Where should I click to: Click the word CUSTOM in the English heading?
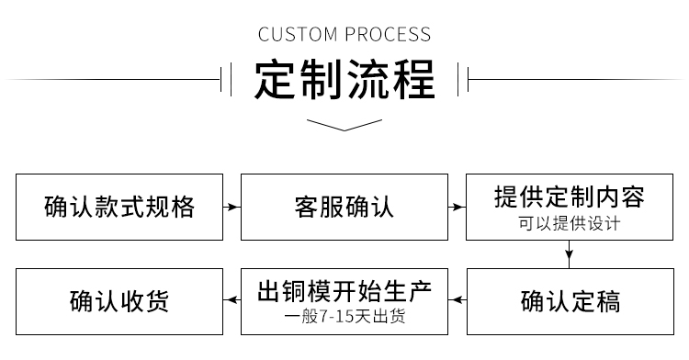click(299, 36)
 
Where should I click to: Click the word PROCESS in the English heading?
click(387, 36)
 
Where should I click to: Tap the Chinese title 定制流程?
click(344, 81)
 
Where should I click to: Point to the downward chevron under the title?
click(344, 125)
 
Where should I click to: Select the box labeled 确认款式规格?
click(119, 207)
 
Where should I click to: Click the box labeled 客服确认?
click(344, 207)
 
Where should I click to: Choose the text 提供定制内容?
click(569, 197)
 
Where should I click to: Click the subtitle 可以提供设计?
click(569, 224)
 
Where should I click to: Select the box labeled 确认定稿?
click(569, 300)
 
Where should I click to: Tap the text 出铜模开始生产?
click(344, 292)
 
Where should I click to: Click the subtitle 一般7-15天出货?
click(344, 319)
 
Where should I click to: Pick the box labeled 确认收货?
click(119, 300)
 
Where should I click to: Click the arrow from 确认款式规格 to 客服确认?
click(232, 208)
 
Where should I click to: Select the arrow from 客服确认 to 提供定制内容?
click(457, 208)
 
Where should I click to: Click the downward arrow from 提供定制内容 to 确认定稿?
click(569, 254)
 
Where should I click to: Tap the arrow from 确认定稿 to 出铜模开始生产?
click(457, 300)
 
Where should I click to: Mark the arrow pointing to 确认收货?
click(232, 300)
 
